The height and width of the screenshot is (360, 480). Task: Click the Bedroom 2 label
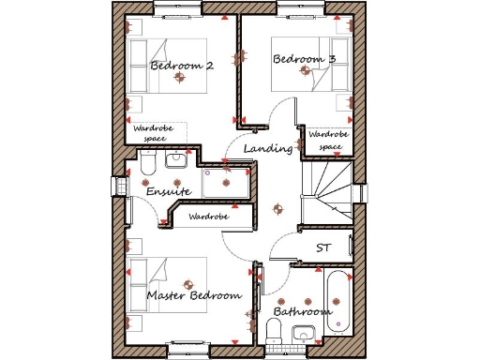[182, 66]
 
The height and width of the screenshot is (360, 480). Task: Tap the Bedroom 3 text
[304, 59]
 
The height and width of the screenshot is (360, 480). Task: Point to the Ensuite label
[169, 191]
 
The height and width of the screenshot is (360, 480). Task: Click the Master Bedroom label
[194, 295]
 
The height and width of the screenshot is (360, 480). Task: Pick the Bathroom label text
[302, 310]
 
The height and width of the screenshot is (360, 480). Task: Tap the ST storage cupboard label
[323, 247]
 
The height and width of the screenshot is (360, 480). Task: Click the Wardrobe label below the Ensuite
[208, 217]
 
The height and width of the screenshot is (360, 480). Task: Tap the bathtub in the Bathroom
[336, 300]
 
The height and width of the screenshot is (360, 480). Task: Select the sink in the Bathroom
[303, 334]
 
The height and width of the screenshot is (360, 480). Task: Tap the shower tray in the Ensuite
[225, 183]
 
